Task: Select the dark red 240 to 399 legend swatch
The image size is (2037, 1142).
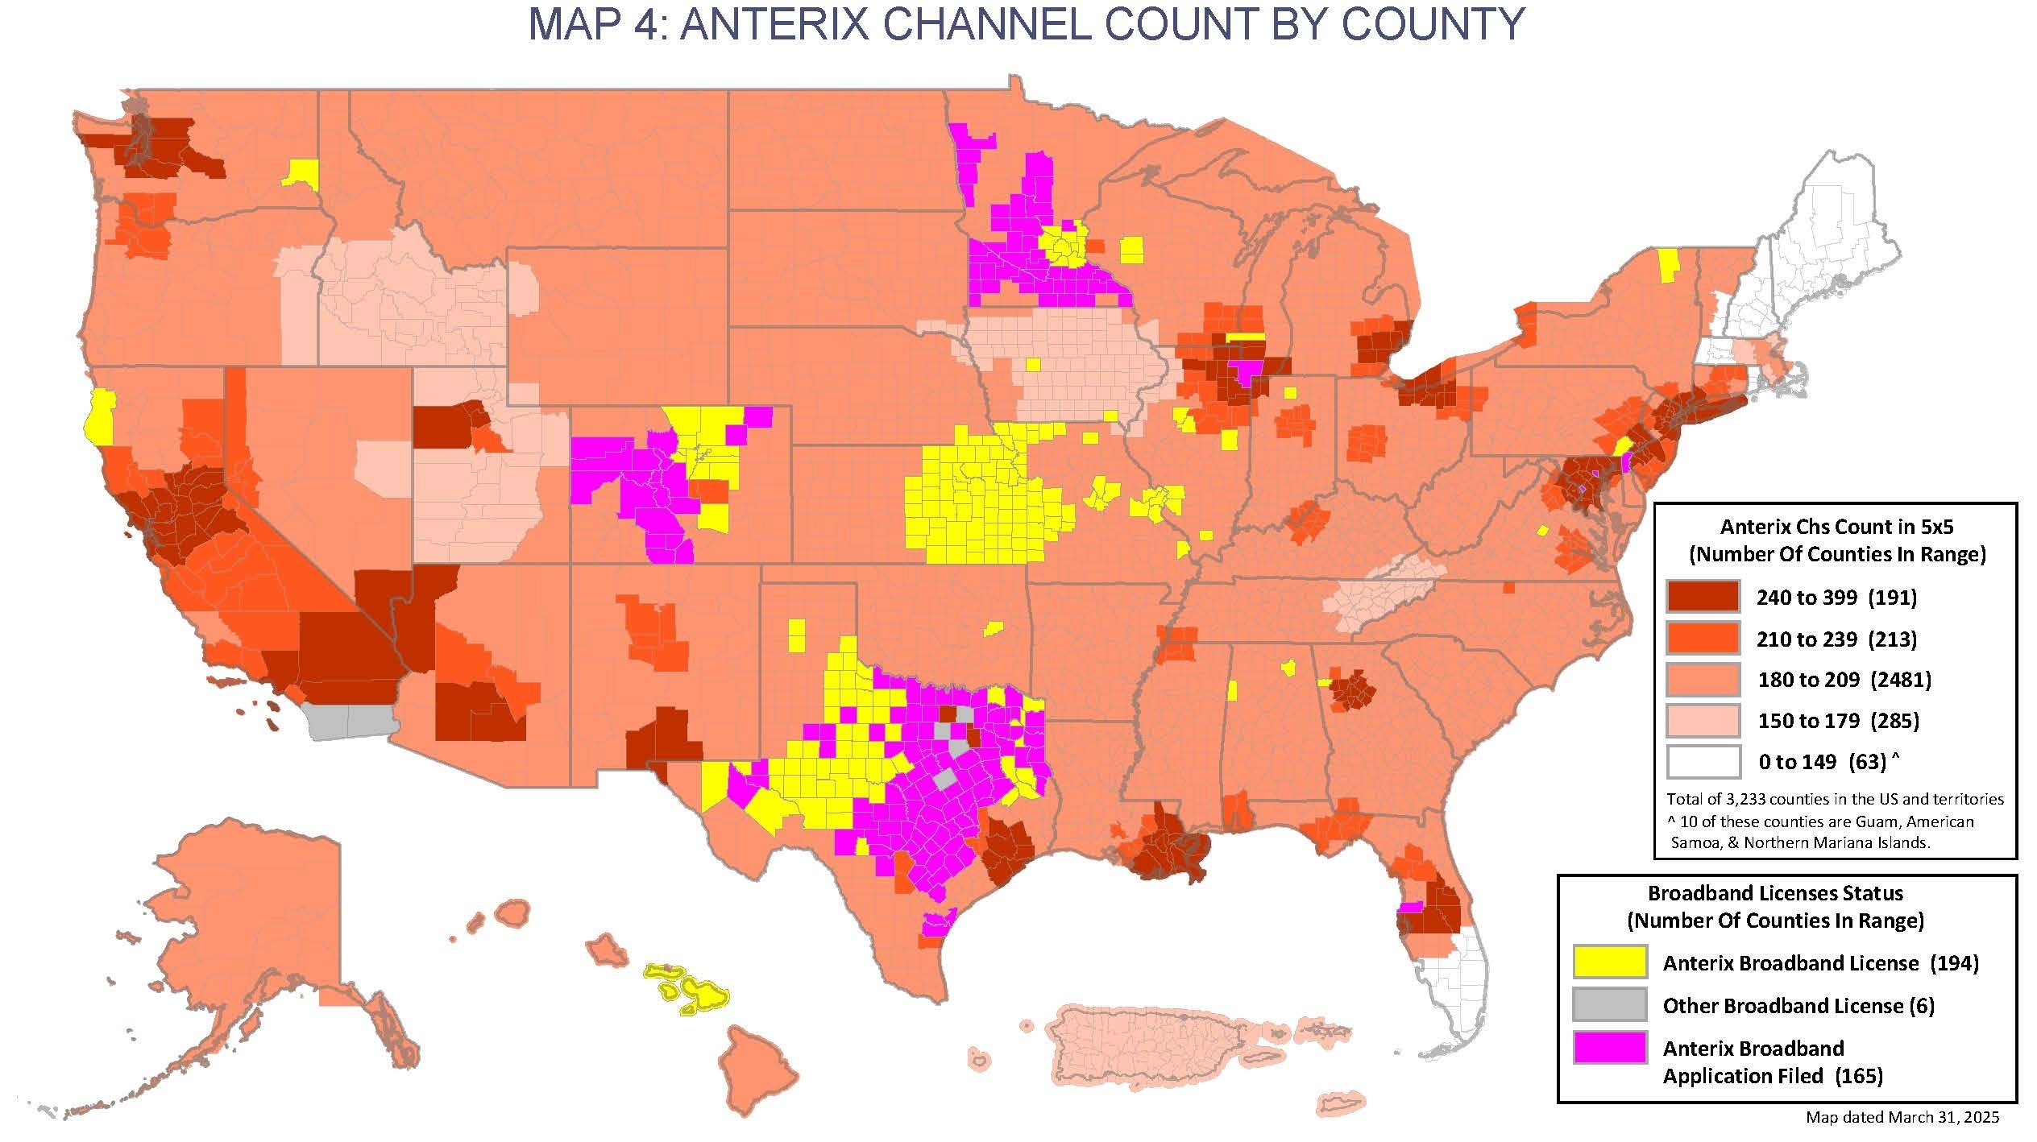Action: tap(1703, 597)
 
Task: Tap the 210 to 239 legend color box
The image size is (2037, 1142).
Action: tap(1703, 639)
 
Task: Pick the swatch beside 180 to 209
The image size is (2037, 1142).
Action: tap(1703, 680)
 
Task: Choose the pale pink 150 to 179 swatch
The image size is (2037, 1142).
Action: tap(1703, 720)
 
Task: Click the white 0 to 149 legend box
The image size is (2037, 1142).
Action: tap(1703, 761)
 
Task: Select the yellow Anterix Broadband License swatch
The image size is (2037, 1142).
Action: tap(1609, 962)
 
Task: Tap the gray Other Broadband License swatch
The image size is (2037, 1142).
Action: tap(1609, 1004)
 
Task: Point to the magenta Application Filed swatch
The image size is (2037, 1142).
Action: tap(1609, 1047)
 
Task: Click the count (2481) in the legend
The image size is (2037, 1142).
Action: tap(1901, 680)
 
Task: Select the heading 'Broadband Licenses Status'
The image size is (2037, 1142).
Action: tap(1775, 893)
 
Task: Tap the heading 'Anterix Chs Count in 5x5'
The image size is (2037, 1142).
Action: tap(1836, 527)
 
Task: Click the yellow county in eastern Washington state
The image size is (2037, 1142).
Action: tap(301, 172)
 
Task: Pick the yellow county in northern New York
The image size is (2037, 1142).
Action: tap(1669, 264)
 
